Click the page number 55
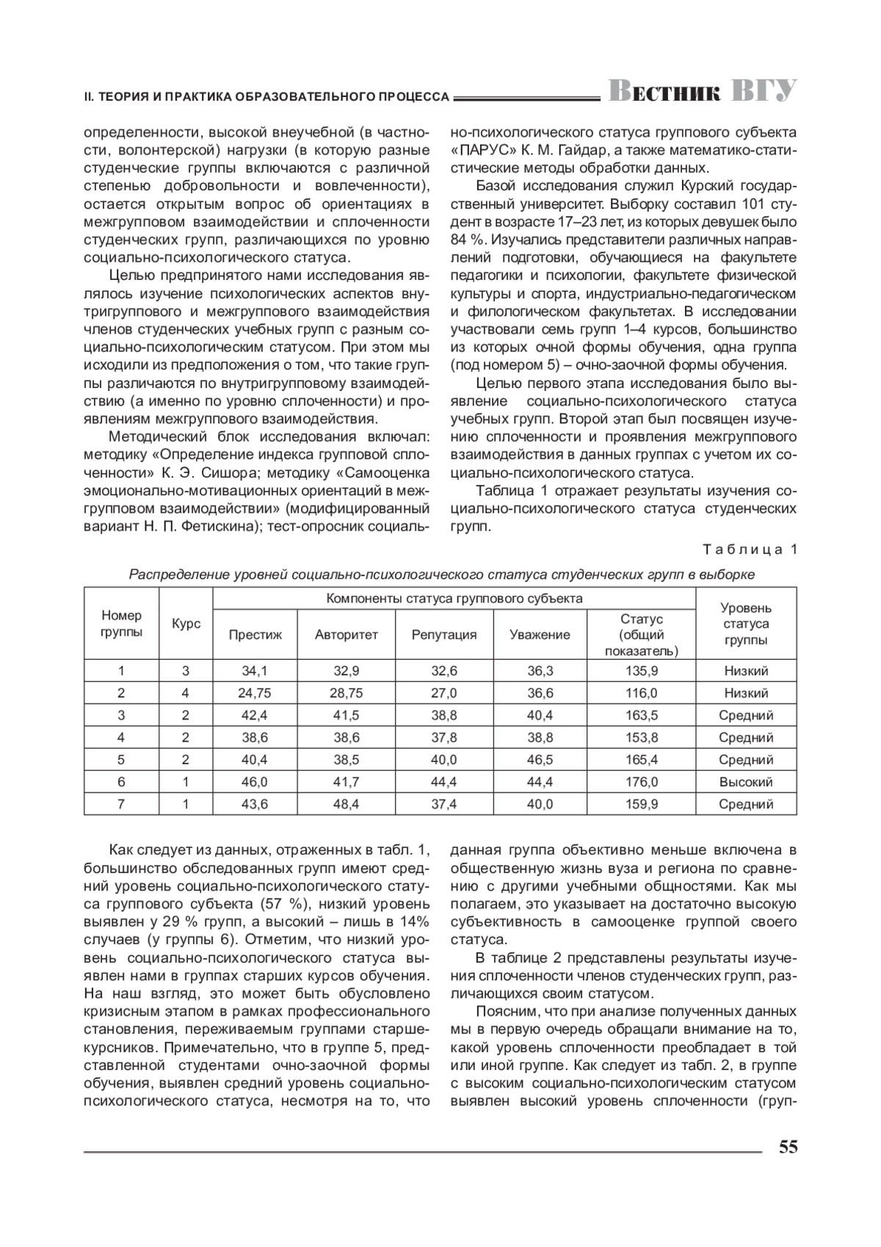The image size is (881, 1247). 788,1147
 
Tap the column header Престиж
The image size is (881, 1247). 255,634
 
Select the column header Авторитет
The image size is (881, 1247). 347,634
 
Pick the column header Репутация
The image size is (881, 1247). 443,634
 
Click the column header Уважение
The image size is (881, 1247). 540,634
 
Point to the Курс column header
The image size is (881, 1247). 186,623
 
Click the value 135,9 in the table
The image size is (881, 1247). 642,670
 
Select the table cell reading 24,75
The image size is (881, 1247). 255,693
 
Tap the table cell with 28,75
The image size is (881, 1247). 347,693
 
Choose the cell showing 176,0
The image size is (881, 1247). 642,782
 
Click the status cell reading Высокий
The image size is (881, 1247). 746,782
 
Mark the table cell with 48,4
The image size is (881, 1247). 347,804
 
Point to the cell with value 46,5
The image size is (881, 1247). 540,760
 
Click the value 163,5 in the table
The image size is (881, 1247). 642,715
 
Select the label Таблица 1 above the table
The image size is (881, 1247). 749,549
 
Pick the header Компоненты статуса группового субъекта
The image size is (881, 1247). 454,598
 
